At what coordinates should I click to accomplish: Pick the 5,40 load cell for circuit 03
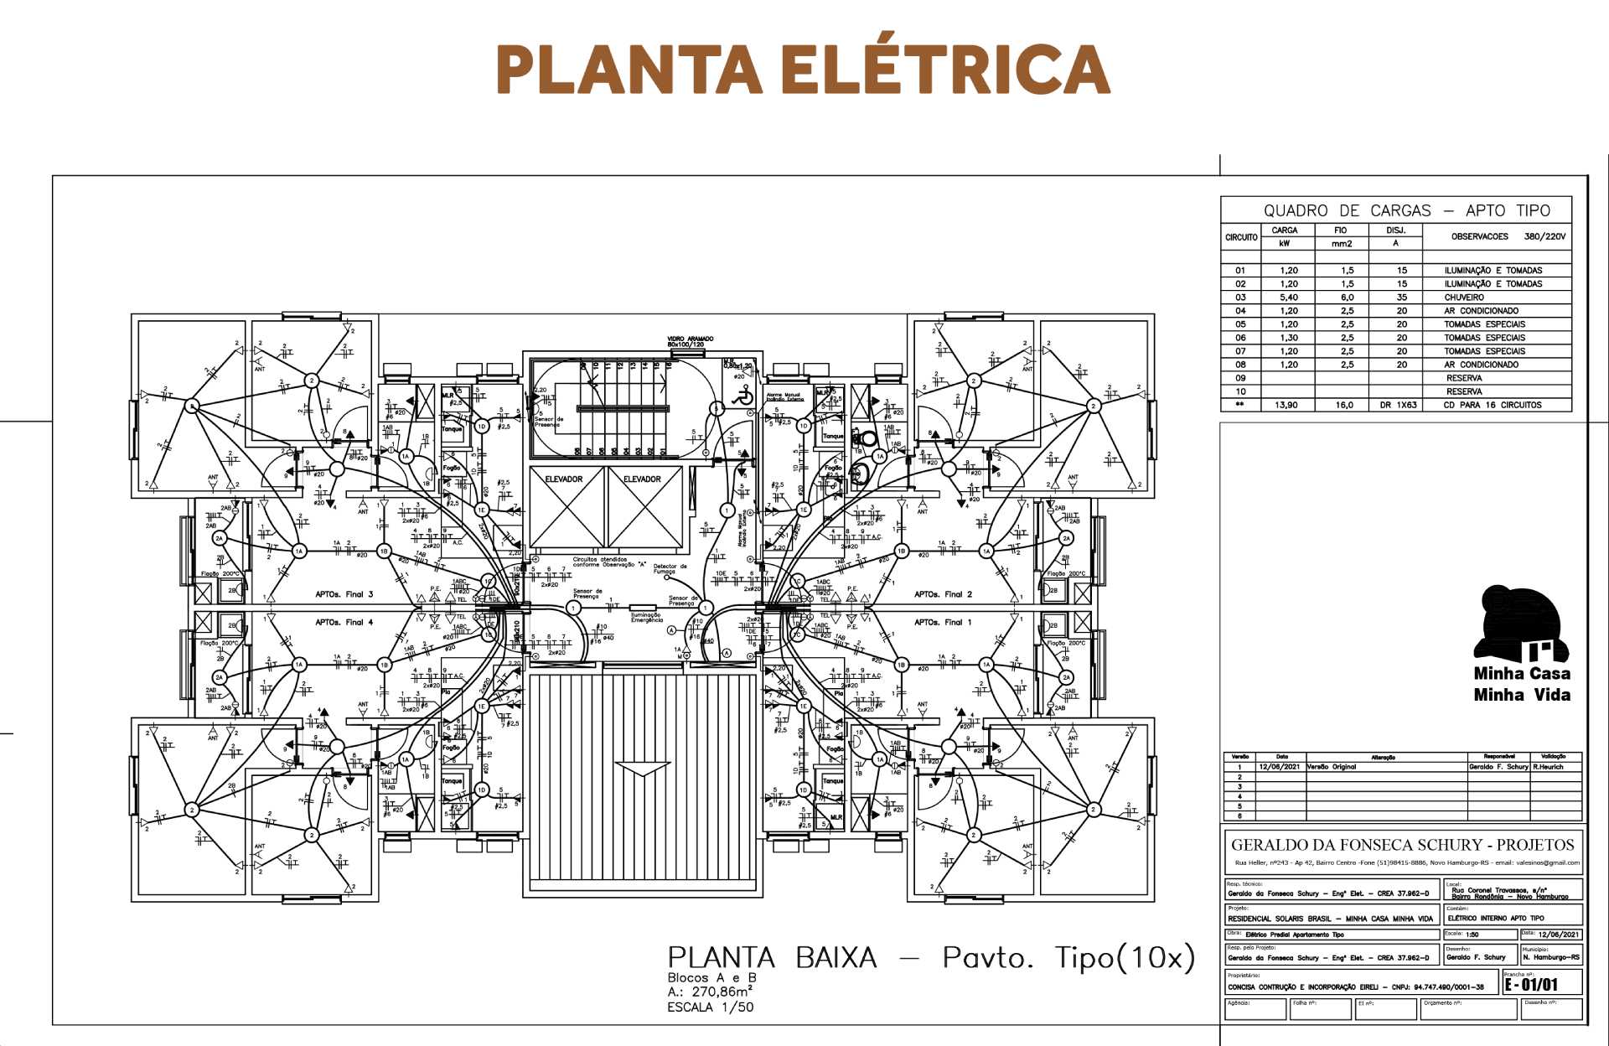pos(1288,298)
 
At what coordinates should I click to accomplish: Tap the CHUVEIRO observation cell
pos(1464,298)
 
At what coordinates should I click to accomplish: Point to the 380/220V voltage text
pos(1544,236)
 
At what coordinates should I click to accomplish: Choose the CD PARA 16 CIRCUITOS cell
pos(1492,405)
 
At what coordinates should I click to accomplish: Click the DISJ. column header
pos(1395,230)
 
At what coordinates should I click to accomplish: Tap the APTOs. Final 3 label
pos(344,594)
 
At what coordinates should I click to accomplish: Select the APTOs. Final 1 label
pos(943,622)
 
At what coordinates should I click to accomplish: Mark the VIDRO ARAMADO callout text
pos(691,341)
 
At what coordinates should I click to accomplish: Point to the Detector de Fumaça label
pos(670,568)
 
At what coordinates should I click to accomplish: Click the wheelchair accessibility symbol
pos(742,397)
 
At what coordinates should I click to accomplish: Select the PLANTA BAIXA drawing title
pos(772,958)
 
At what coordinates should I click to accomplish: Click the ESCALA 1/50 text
pos(710,1007)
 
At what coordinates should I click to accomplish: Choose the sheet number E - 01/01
pos(1531,984)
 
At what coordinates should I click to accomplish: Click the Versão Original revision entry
pos(1332,767)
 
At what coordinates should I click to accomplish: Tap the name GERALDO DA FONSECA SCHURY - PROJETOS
pos(1402,845)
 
